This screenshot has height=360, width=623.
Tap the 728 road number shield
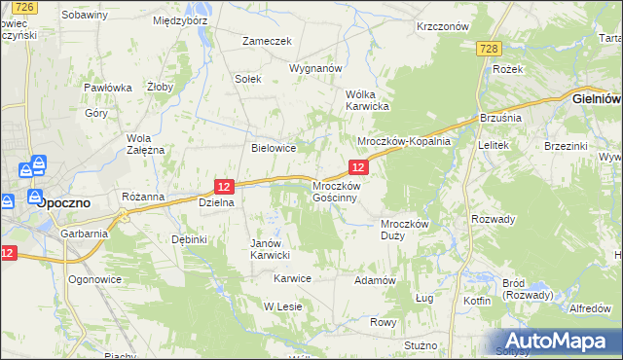pos(490,50)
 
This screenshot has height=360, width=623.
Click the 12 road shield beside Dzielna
pos(224,186)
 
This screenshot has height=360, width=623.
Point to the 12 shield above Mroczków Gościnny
pos(358,168)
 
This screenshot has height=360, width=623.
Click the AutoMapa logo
pos(557,342)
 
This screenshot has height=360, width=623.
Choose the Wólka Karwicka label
pos(368,100)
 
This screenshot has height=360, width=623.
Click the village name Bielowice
pos(273,148)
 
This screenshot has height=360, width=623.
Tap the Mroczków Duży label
pos(404,230)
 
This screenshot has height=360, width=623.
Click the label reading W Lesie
pos(283,306)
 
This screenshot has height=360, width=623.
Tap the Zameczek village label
pos(268,42)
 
